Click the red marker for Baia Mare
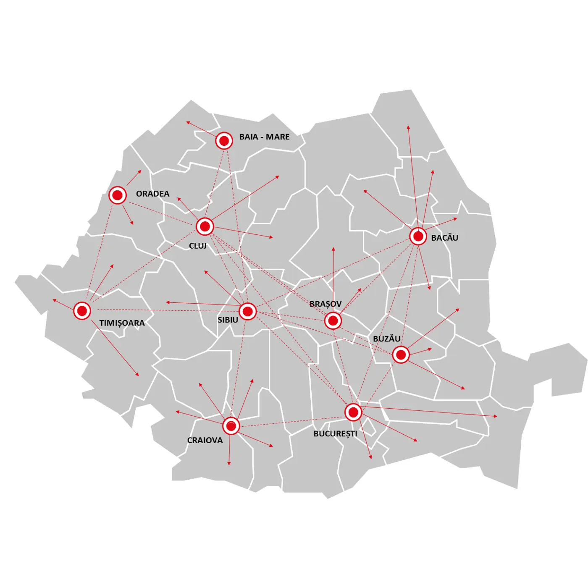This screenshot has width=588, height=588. (x=224, y=141)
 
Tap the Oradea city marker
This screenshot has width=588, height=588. (x=118, y=195)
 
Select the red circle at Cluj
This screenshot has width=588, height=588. (x=205, y=227)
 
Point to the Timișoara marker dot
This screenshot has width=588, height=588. (x=82, y=311)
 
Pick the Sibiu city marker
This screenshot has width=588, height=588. (x=248, y=312)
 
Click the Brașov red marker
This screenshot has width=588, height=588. (x=333, y=321)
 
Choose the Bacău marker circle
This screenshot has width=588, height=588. (x=418, y=236)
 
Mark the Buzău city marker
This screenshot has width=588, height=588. (x=401, y=355)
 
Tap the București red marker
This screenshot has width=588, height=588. (x=353, y=412)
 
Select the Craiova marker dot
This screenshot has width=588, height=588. (x=231, y=426)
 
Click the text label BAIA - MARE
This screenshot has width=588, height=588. (x=264, y=137)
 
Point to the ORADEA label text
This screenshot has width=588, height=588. (x=152, y=194)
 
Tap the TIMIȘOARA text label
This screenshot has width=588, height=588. (x=122, y=323)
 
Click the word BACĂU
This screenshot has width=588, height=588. (x=444, y=238)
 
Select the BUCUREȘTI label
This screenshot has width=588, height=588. (x=335, y=434)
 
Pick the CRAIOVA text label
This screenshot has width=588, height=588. (x=205, y=441)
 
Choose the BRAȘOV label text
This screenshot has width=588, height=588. (x=325, y=304)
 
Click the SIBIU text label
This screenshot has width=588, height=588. (x=228, y=320)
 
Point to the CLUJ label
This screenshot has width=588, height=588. (x=197, y=246)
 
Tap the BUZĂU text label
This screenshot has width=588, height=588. (x=386, y=339)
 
